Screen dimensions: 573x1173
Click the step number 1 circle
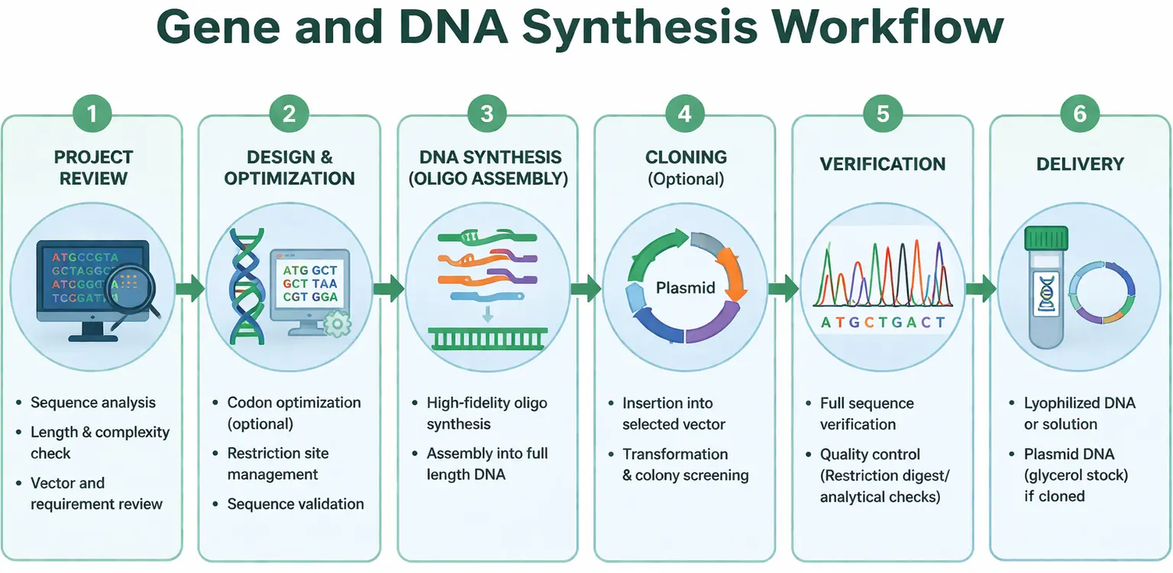point(92,114)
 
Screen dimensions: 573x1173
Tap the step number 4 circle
point(684,114)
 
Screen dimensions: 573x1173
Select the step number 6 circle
point(1080,114)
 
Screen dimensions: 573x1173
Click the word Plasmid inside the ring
point(685,288)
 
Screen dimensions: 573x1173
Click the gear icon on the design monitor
point(337,324)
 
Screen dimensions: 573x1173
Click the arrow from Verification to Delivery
point(981,288)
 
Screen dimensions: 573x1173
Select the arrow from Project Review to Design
point(190,288)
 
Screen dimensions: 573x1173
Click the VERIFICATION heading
point(882,164)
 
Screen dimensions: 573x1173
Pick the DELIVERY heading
point(1080,164)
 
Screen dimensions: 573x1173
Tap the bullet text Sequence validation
point(296,504)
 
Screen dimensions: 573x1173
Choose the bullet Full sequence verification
point(867,414)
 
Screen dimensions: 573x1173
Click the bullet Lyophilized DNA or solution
point(1079,414)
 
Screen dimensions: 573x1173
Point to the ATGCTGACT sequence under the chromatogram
point(882,323)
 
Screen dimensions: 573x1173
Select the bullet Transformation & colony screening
point(685,465)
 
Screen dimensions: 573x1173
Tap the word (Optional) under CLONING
point(684,179)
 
